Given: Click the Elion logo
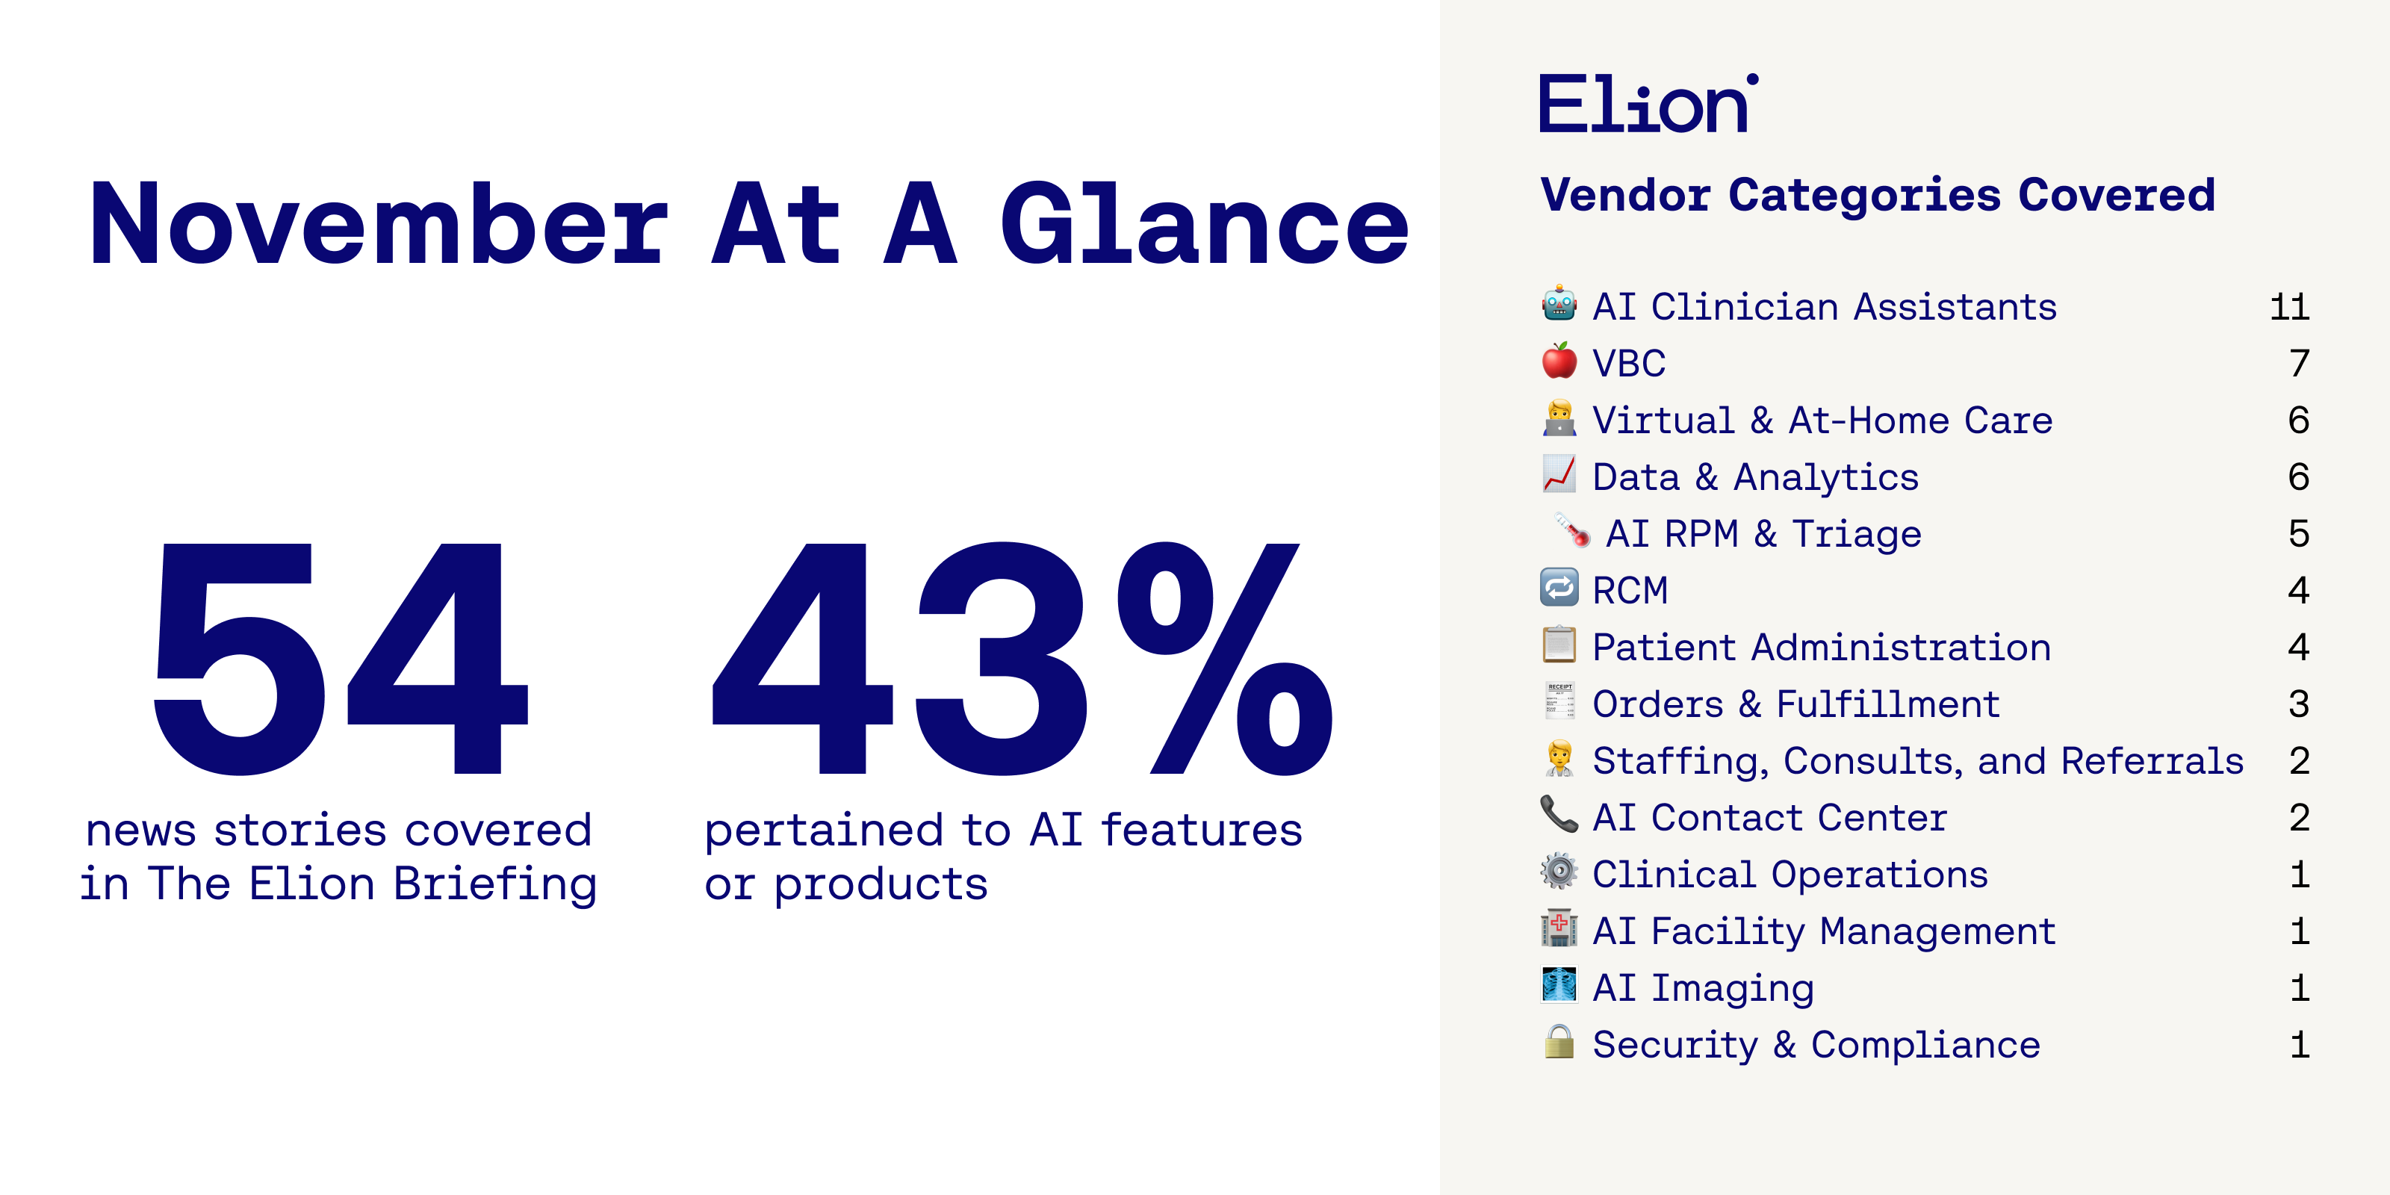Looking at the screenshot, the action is tap(1648, 103).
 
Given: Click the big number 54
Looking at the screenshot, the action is tap(341, 659).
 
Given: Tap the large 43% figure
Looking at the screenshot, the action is tap(1020, 659).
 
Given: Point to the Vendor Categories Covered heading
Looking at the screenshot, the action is tap(1878, 195).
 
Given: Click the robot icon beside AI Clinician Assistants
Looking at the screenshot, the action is tap(1559, 303).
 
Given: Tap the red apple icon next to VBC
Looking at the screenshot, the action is tap(1559, 360).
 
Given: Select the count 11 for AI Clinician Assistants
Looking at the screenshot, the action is tap(2289, 307).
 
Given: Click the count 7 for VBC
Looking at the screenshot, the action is tap(2299, 364).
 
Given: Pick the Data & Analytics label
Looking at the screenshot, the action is tap(1755, 477).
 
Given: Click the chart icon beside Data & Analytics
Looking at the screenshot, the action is tap(1559, 474).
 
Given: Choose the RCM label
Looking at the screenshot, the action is tap(1630, 591).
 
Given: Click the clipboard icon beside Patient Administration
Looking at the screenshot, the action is tap(1559, 644).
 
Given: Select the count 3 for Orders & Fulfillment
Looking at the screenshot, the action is tap(2299, 704).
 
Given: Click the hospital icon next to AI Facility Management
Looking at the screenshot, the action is tap(1559, 928).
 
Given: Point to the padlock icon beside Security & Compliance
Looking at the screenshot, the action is tap(1559, 1041).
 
